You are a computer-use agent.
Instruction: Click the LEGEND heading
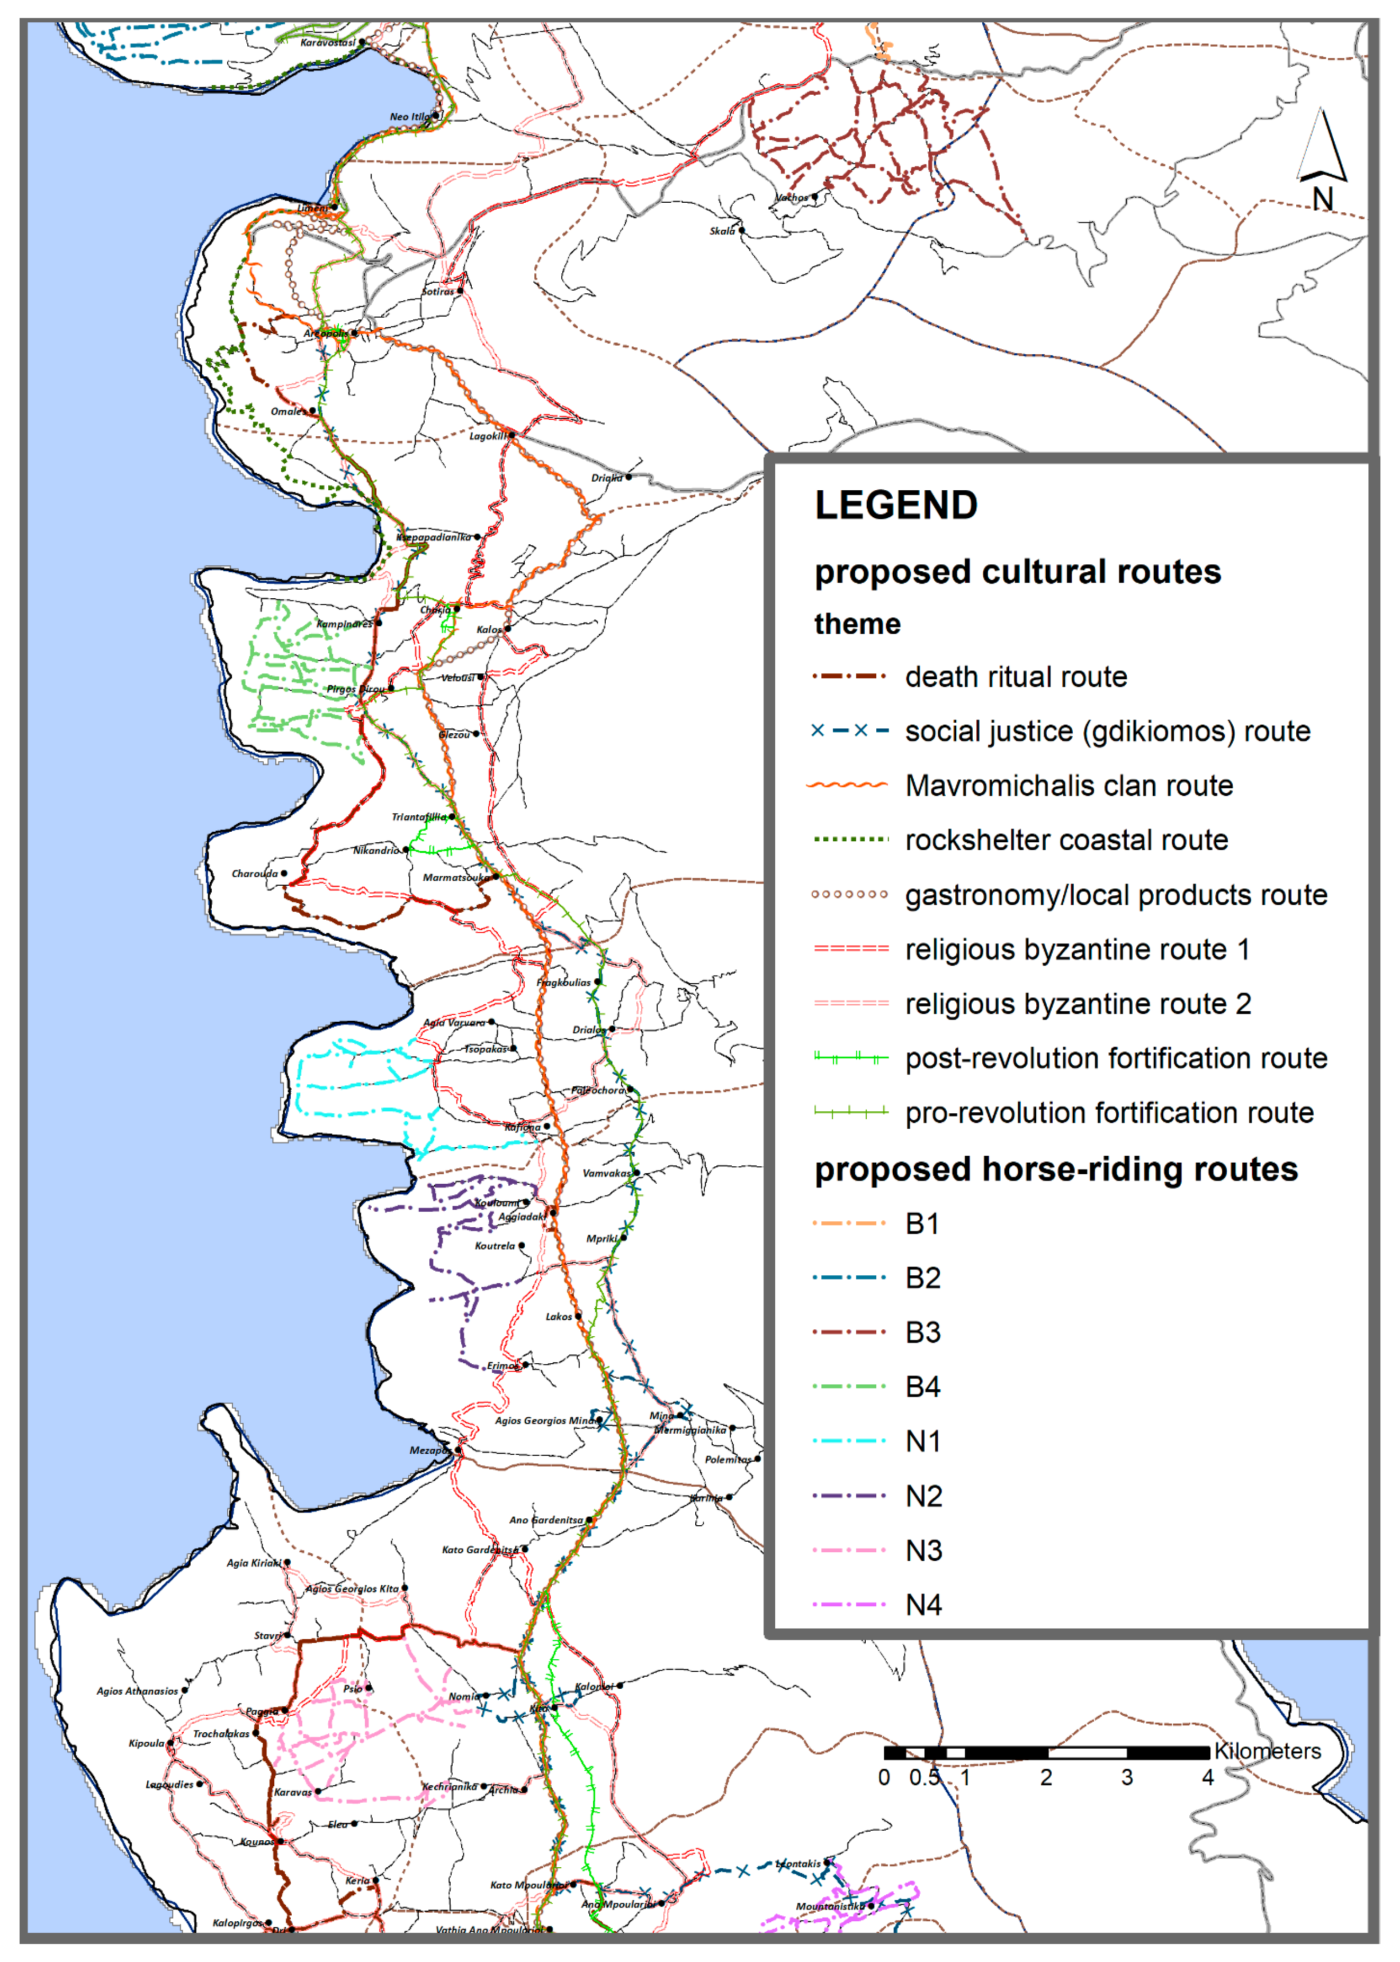click(x=896, y=506)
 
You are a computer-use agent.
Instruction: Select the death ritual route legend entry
click(x=1016, y=677)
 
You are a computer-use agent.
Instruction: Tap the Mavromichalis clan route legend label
click(x=1069, y=786)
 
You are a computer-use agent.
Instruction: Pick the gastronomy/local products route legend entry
click(x=1116, y=895)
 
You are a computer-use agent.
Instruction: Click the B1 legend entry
click(x=921, y=1223)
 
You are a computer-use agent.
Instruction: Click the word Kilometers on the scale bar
click(x=1267, y=1751)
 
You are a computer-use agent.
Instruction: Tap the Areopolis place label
click(x=325, y=334)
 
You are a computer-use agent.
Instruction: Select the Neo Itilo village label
click(x=409, y=116)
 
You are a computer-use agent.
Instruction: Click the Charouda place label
click(x=254, y=874)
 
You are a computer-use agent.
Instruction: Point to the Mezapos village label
click(x=428, y=1450)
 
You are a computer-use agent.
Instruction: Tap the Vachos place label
click(x=792, y=197)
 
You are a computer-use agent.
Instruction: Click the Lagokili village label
click(x=487, y=436)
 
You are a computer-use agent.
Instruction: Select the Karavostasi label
click(x=328, y=42)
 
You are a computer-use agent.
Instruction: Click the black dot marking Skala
click(x=741, y=231)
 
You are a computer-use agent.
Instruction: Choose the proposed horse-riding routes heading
click(x=1055, y=1169)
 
